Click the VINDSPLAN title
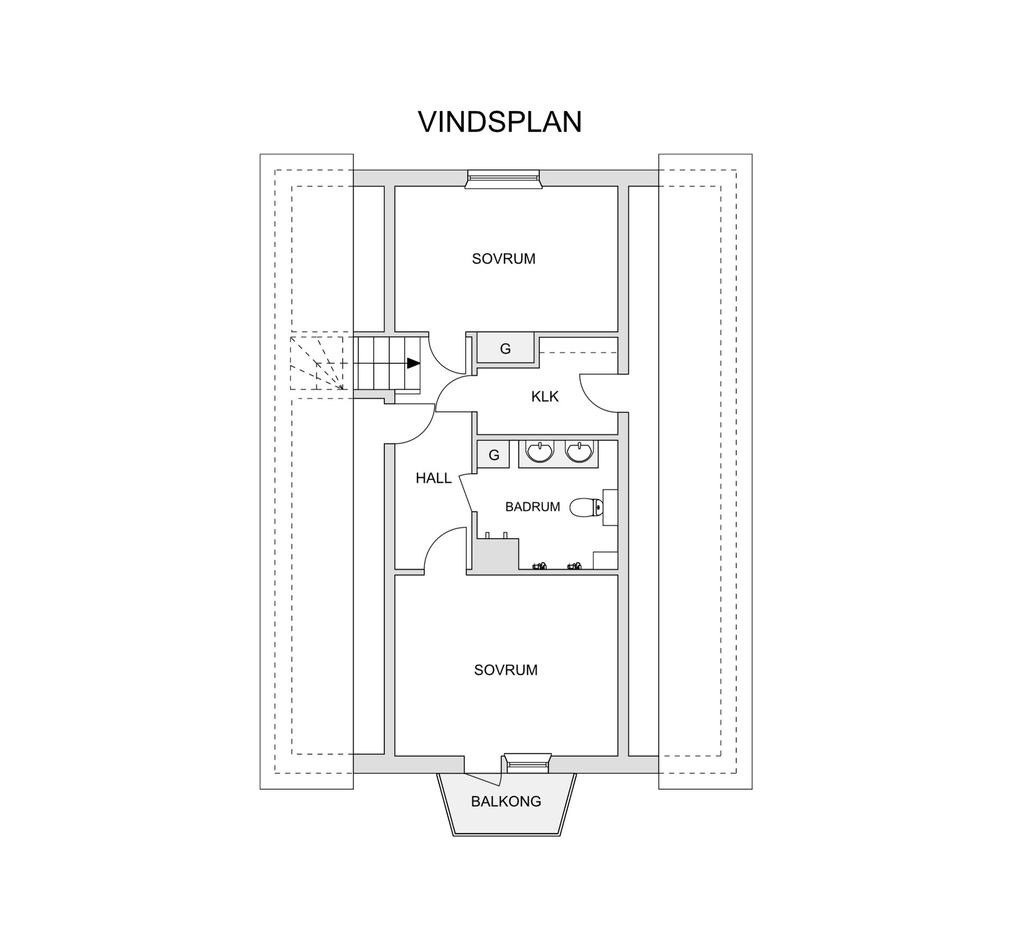500,122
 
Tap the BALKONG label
506,801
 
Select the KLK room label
545,397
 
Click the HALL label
433,478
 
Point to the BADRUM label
532,507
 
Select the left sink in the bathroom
539,452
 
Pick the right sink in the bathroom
579,452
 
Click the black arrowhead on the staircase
413,363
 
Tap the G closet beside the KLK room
505,349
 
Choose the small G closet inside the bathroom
494,455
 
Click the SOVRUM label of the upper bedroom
503,259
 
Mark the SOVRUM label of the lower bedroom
505,670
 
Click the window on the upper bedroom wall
503,179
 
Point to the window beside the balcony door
527,763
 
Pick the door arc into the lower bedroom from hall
442,549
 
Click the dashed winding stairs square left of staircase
317,363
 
